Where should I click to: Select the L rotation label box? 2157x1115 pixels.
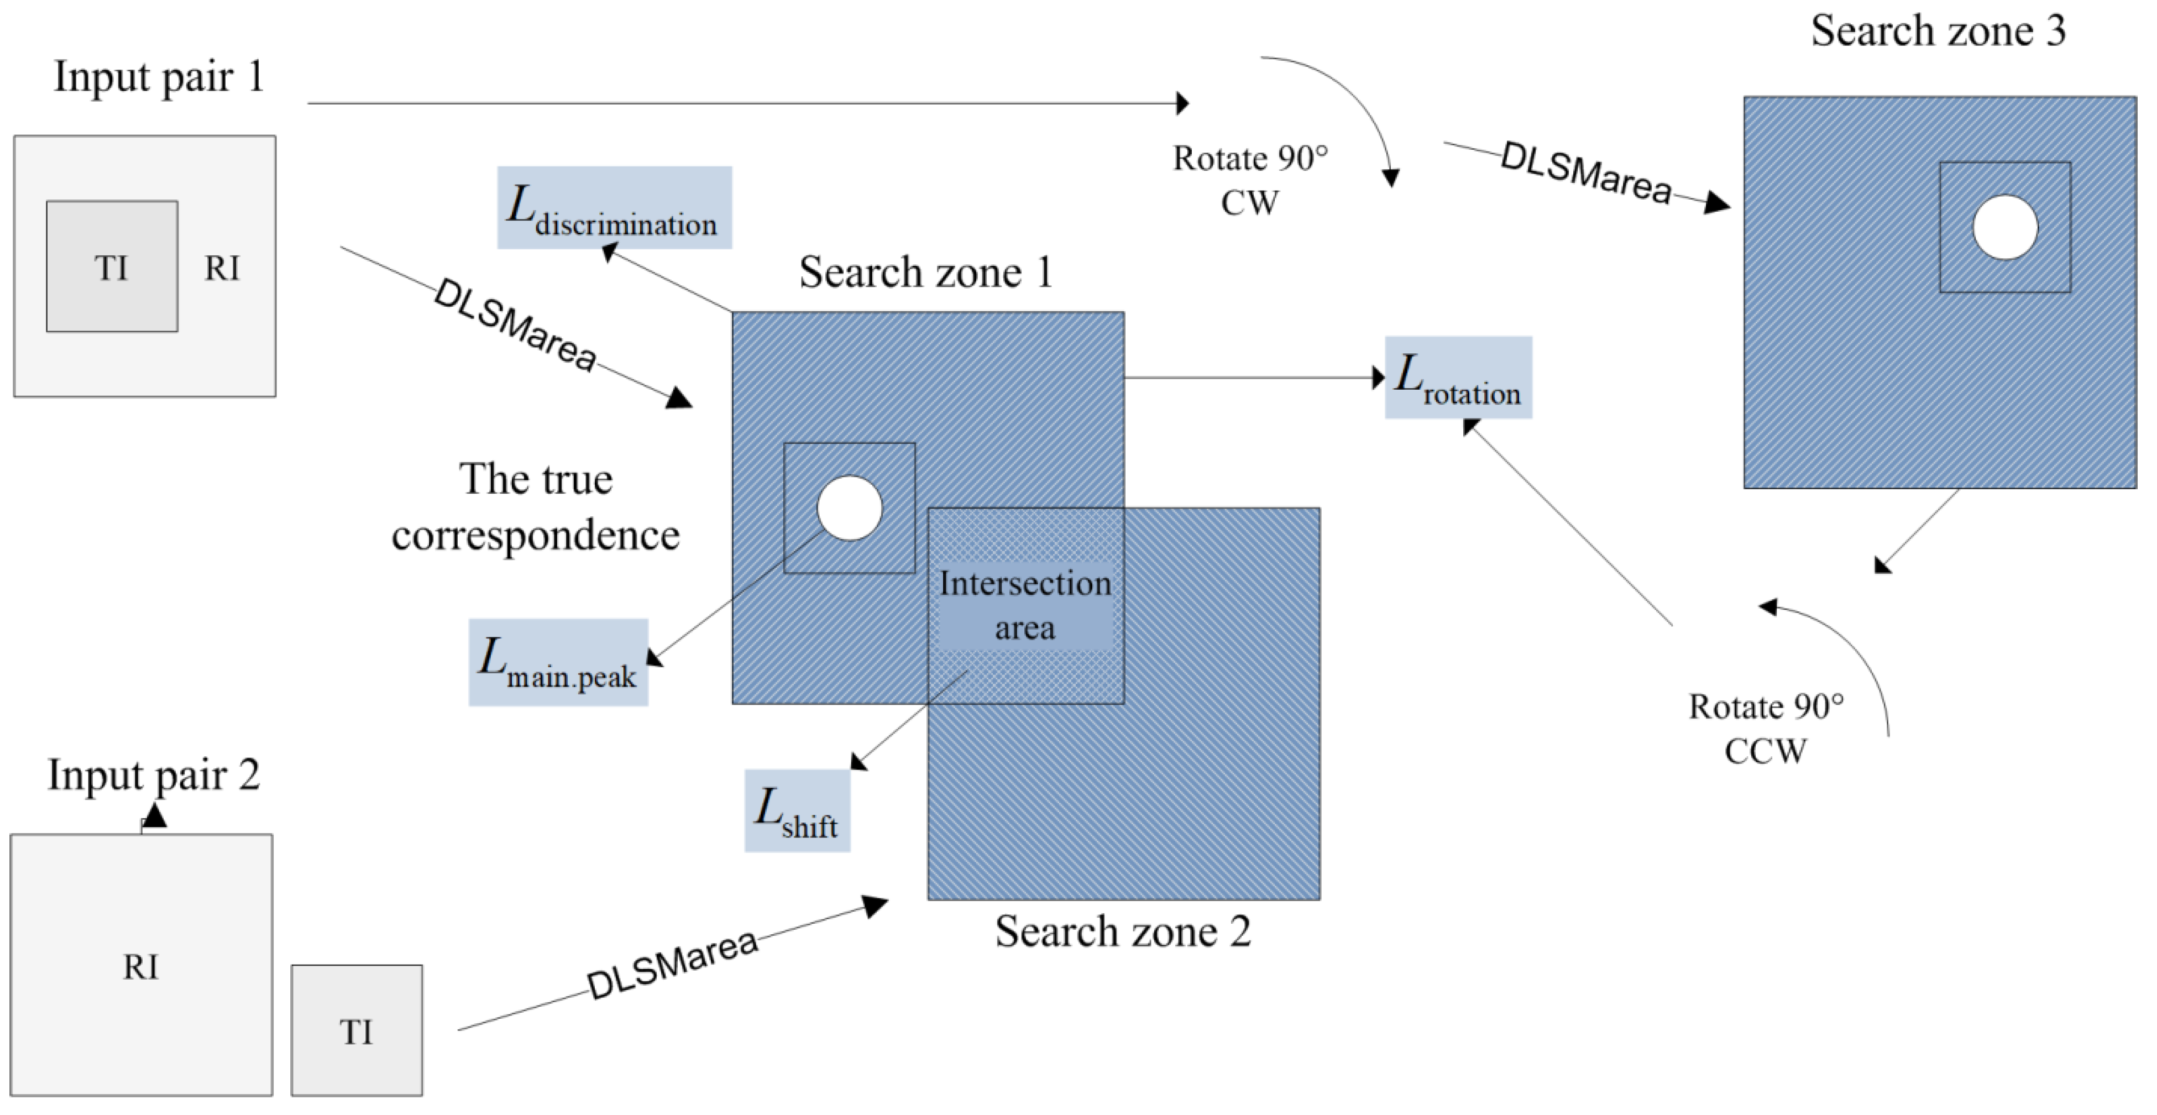coord(1458,378)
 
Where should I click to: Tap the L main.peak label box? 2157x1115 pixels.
coord(558,662)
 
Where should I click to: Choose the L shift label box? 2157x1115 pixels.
coord(797,810)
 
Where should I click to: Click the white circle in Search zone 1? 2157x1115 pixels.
coord(849,508)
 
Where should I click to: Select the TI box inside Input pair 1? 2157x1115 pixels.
coord(111,266)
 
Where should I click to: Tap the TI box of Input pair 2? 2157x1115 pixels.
coord(357,1030)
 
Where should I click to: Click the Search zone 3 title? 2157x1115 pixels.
coord(1938,31)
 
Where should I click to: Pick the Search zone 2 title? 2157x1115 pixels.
coord(1123,931)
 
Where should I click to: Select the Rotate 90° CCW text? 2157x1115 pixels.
coord(1765,728)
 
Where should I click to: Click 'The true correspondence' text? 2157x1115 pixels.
coord(535,506)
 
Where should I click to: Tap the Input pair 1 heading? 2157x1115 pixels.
coord(159,77)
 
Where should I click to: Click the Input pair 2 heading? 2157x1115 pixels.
coord(153,774)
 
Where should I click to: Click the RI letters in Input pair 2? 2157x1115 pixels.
coord(140,967)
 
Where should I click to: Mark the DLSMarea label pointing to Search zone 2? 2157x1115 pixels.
coord(672,964)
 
